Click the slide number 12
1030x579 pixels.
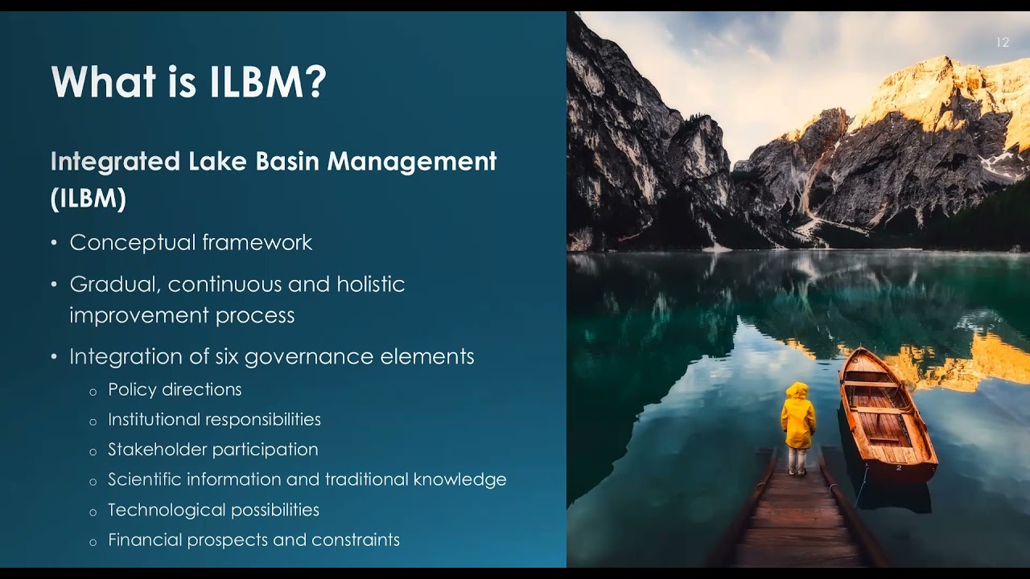point(1002,43)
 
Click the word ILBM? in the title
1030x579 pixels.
point(268,82)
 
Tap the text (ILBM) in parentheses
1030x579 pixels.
point(89,199)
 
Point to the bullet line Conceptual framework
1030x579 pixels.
point(191,243)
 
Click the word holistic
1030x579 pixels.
point(370,285)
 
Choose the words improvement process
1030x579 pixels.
point(182,315)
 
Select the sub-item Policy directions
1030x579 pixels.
point(175,390)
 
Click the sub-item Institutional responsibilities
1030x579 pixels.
point(214,420)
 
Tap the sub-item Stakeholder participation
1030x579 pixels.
point(212,450)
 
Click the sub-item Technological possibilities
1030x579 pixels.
point(213,510)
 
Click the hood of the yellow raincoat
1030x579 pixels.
point(797,391)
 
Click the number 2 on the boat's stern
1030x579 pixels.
point(899,467)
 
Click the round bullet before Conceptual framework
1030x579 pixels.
point(54,243)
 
